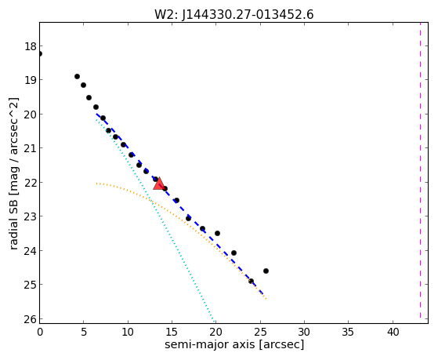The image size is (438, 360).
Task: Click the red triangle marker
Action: (x=158, y=184)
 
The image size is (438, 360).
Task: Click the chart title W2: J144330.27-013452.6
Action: (x=233, y=14)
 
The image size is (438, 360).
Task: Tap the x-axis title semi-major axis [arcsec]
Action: (x=233, y=344)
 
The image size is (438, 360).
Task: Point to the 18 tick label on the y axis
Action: (x=31, y=46)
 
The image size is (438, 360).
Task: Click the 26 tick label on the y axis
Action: (x=31, y=319)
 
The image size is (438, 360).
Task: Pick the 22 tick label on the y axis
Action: (x=31, y=183)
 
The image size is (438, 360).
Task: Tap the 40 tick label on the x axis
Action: (x=393, y=332)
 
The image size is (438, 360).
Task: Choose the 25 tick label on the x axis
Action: (x=260, y=332)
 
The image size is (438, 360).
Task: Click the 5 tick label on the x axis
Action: (x=84, y=332)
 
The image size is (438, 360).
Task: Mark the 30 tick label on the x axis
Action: (x=304, y=332)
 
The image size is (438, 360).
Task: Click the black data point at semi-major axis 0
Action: (x=40, y=53)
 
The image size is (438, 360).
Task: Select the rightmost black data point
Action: (x=266, y=271)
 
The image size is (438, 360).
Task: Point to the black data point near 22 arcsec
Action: (x=233, y=253)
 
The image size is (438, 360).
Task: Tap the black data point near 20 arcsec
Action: (x=217, y=233)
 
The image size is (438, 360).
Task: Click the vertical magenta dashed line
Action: (x=420, y=170)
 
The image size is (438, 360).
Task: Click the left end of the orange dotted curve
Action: (x=96, y=184)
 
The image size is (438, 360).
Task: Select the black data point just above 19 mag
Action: (x=77, y=76)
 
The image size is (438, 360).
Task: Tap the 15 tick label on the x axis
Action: (x=172, y=332)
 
